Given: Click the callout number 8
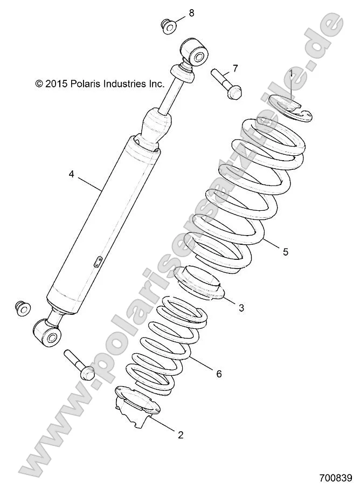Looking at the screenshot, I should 190,12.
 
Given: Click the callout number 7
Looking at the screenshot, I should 235,68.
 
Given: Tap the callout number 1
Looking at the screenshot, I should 292,72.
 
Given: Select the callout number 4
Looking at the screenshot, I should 71,174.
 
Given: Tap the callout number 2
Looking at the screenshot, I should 181,435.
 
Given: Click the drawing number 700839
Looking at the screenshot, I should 335,478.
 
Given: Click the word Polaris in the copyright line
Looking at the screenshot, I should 84,84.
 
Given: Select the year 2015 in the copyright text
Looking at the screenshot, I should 55,84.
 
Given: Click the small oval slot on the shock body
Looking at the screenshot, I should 98,261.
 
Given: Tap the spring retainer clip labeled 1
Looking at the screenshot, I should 295,106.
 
